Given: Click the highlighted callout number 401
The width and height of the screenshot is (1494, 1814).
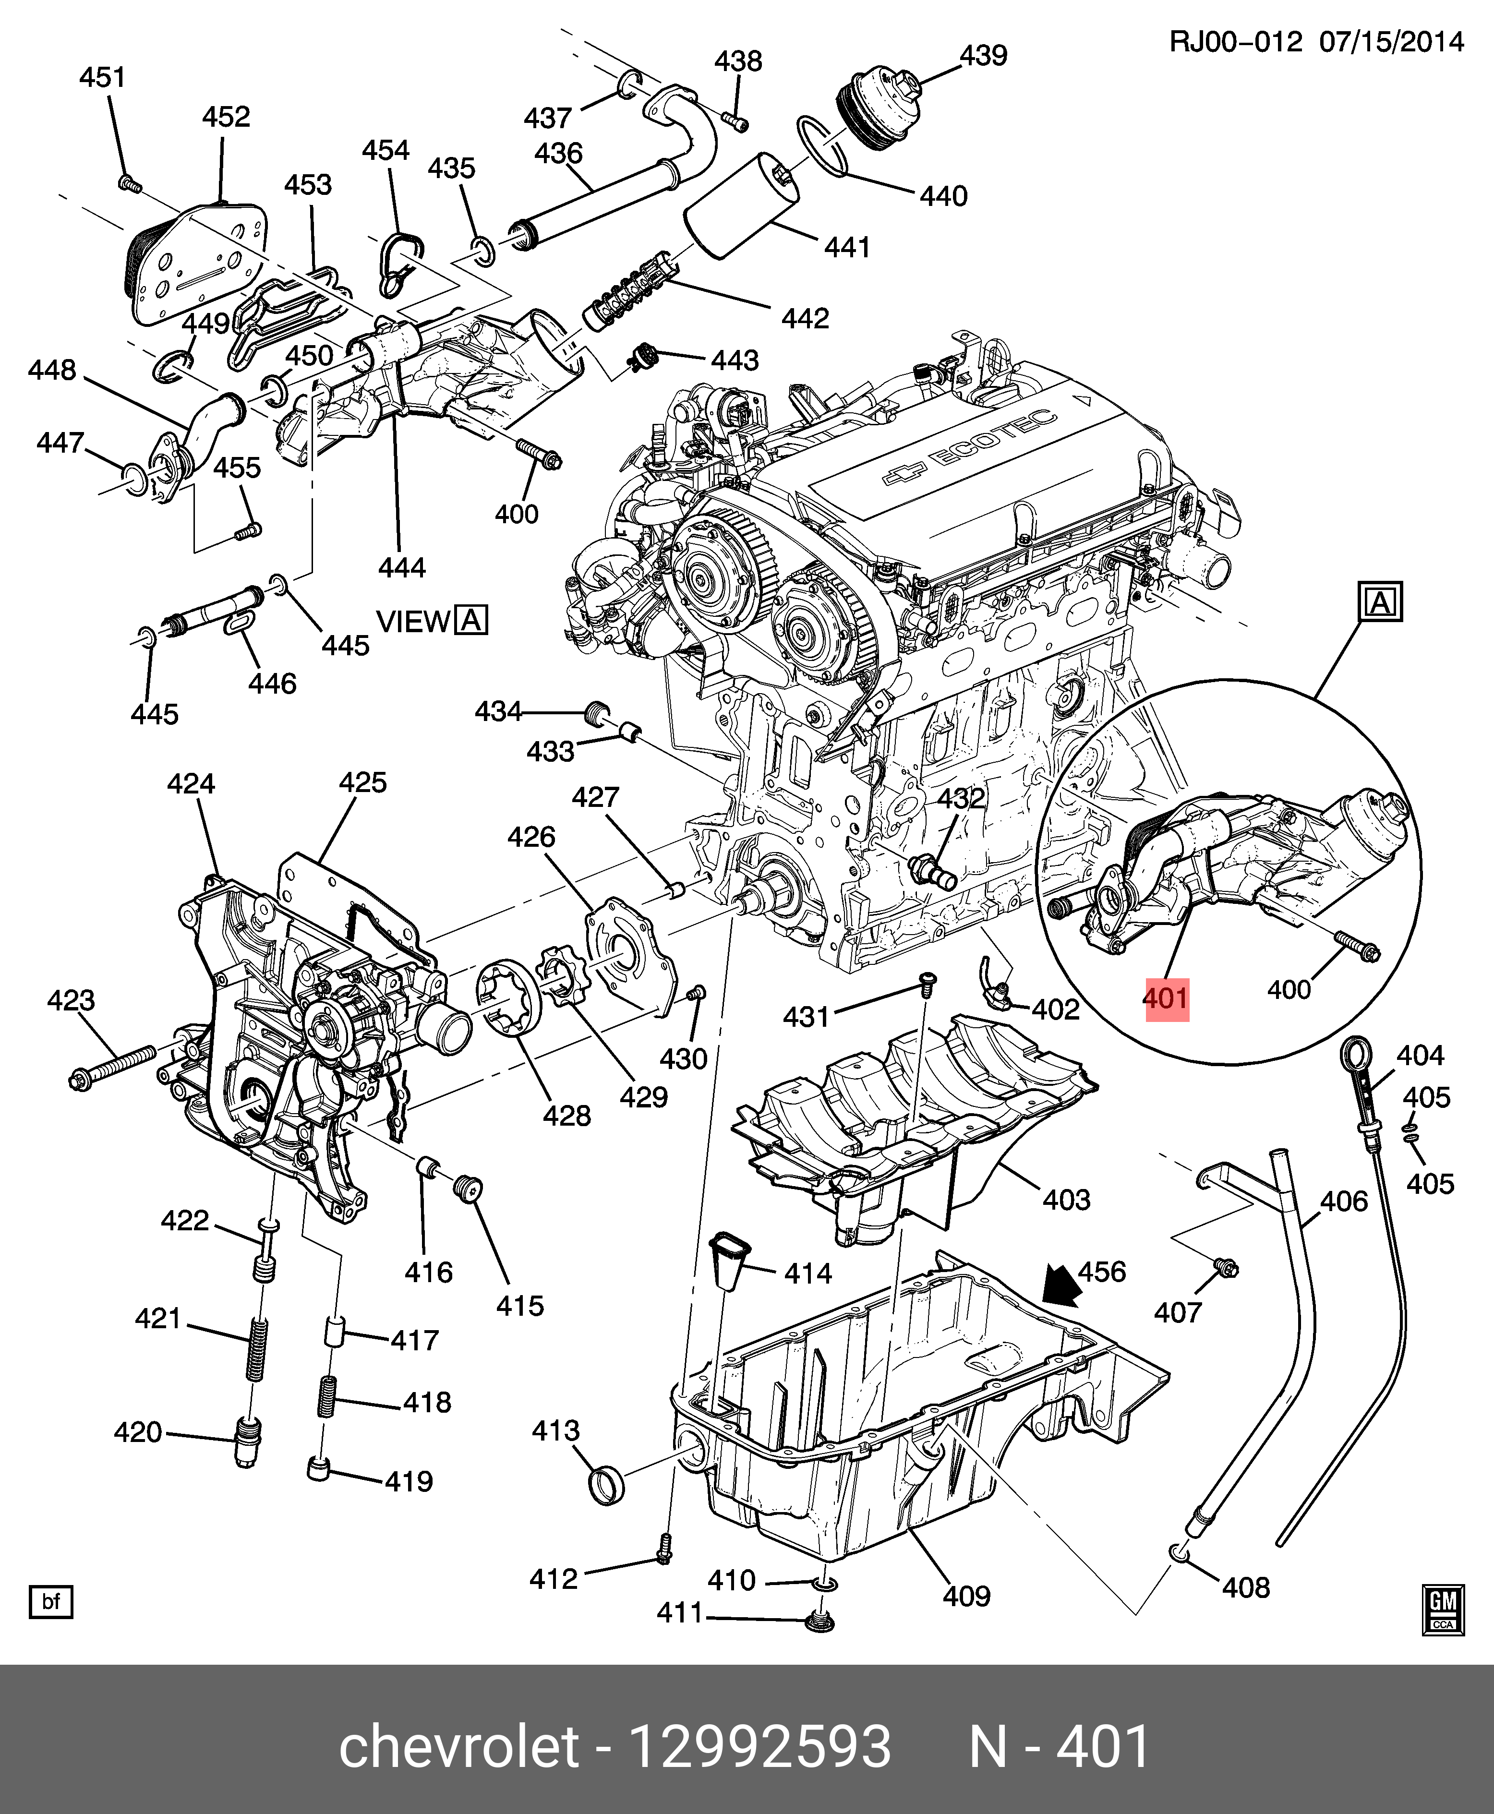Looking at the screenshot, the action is point(1166,999).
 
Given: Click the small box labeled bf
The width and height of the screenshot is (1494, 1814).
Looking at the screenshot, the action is point(51,1601).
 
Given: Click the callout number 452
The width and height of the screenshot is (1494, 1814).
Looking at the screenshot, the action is point(226,117).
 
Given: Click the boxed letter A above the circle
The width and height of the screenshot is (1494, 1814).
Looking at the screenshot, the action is point(1380,601).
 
